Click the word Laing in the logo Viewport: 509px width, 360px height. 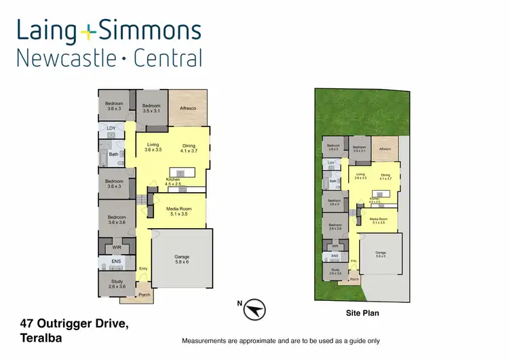[46, 30]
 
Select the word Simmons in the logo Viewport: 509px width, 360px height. [149, 30]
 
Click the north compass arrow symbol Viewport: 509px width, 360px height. [254, 310]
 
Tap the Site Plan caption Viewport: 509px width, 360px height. [362, 313]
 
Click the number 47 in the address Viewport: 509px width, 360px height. [28, 322]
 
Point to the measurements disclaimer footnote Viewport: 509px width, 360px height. [280, 340]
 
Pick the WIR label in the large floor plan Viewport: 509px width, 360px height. [117, 248]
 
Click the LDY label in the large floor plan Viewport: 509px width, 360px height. [111, 128]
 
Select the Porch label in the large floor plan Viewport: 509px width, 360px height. [144, 295]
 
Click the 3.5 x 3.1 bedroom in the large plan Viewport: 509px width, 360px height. [151, 108]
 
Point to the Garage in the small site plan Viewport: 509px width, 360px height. [380, 254]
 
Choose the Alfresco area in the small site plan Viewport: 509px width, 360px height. [385, 148]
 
